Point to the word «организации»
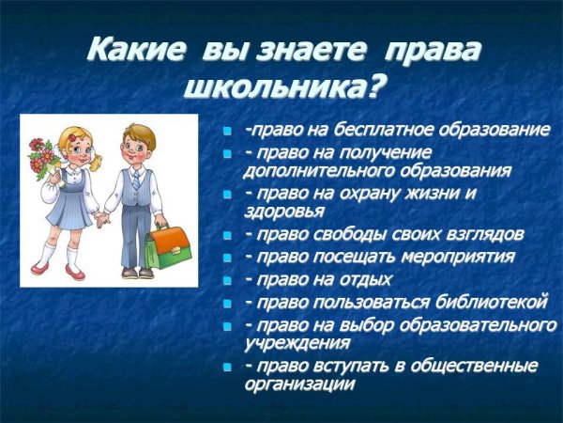[299, 383]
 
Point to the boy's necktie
[136, 181]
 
